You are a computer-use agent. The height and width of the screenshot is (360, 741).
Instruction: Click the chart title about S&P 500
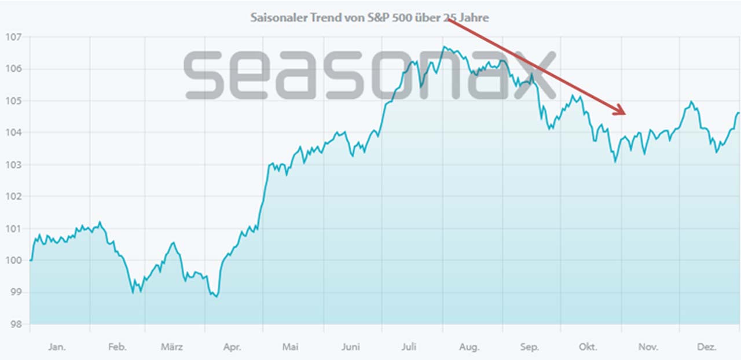pyautogui.click(x=369, y=17)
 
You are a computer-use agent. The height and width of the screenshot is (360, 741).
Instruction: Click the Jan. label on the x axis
pyautogui.click(x=57, y=347)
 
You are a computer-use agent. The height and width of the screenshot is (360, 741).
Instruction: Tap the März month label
pyautogui.click(x=172, y=347)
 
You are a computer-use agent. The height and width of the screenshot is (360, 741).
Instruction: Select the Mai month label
pyautogui.click(x=290, y=347)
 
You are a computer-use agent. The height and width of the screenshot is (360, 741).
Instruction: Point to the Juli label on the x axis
pyautogui.click(x=409, y=347)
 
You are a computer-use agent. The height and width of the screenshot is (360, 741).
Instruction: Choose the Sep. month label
pyautogui.click(x=529, y=347)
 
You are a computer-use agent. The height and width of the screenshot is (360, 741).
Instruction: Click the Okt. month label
pyautogui.click(x=588, y=347)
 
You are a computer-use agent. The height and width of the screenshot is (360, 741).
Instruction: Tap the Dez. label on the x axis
pyautogui.click(x=707, y=347)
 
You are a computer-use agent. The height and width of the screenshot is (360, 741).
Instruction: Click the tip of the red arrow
pyautogui.click(x=625, y=113)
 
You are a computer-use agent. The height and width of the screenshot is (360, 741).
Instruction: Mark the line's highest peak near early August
pyautogui.click(x=444, y=47)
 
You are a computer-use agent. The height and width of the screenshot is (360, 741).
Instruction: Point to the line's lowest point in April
pyautogui.click(x=216, y=297)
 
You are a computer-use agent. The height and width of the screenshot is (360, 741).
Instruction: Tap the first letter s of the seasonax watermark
pyautogui.click(x=203, y=74)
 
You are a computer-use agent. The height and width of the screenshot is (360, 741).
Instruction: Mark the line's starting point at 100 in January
pyautogui.click(x=30, y=260)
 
